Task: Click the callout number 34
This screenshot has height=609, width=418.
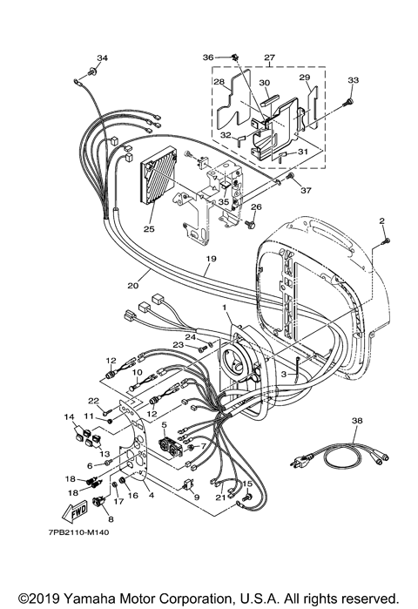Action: click(x=102, y=58)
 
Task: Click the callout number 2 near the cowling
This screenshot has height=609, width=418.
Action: click(x=381, y=221)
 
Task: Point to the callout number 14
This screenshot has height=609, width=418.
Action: click(x=67, y=417)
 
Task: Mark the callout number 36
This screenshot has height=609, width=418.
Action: click(x=208, y=58)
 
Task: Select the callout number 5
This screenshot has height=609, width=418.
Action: click(x=164, y=424)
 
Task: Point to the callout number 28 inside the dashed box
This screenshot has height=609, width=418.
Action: click(x=219, y=84)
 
